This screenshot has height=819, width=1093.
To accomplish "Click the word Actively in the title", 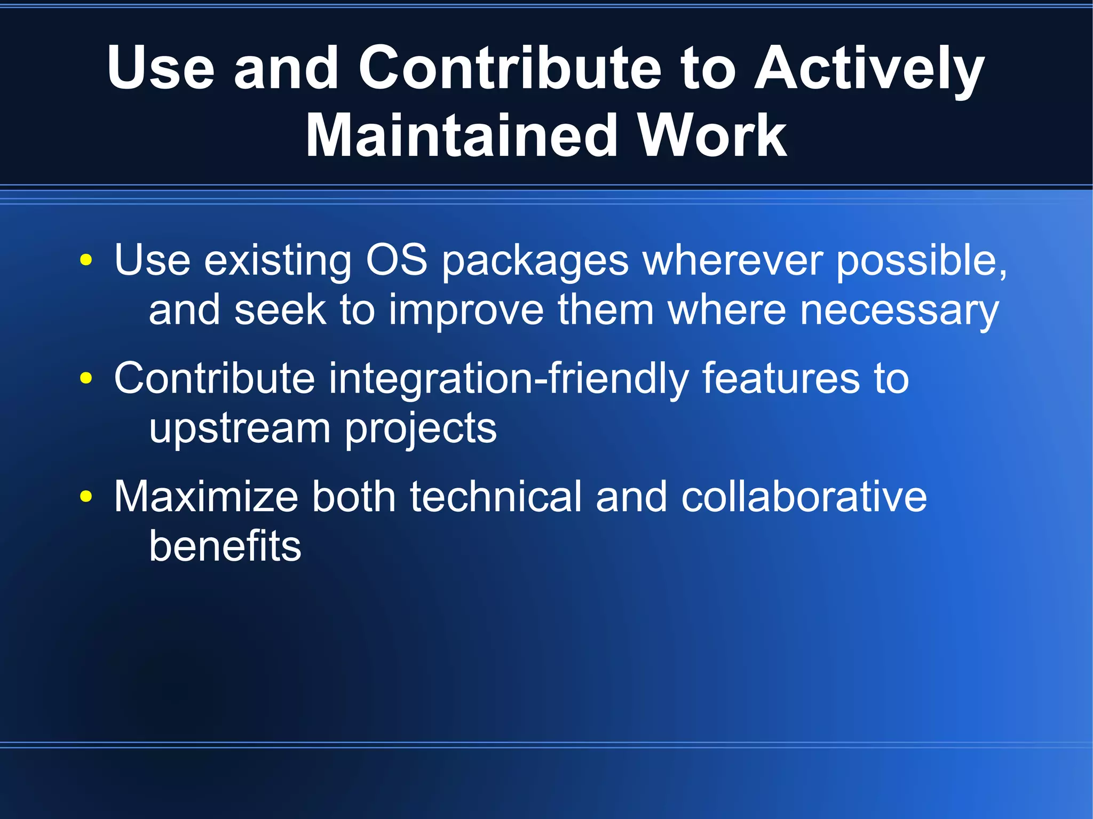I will coord(868,68).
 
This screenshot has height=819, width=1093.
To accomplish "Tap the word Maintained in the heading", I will coord(461,137).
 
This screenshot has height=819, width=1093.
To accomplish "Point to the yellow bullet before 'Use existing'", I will coord(85,260).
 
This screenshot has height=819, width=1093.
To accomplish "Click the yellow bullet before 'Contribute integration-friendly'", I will coord(85,378).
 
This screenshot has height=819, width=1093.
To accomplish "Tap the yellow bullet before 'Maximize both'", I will coord(85,497).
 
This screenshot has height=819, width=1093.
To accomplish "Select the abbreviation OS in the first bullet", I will coord(396,260).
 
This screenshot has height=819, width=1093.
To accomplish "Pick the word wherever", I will coord(732,260).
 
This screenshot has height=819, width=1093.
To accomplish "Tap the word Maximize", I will coord(205,497).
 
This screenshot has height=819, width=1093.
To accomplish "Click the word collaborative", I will coord(804,497).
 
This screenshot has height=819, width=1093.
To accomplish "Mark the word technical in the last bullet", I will coord(495,497).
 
